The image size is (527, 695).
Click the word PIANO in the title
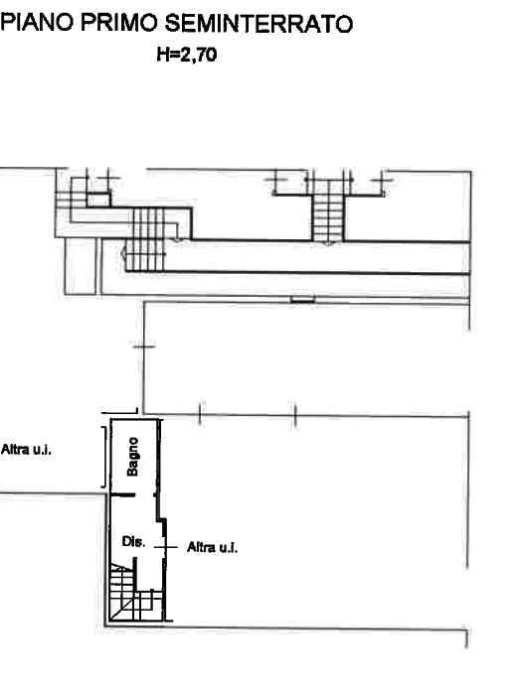(x=37, y=22)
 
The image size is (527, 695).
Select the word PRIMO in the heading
(x=119, y=22)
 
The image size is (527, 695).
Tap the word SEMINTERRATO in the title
(x=259, y=24)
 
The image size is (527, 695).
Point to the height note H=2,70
(x=187, y=55)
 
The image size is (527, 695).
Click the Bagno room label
(x=132, y=457)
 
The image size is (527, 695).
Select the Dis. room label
(x=133, y=541)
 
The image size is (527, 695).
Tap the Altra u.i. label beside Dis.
(x=212, y=547)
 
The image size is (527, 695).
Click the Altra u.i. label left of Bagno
(x=26, y=450)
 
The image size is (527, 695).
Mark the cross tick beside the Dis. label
(x=166, y=547)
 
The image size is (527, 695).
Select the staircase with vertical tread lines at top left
(x=145, y=239)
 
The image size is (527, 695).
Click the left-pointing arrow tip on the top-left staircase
(x=122, y=253)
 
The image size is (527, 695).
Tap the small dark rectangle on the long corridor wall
(x=302, y=300)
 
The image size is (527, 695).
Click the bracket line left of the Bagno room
(x=104, y=457)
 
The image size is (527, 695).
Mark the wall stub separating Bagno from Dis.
(x=122, y=494)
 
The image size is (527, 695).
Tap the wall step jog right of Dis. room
(x=162, y=519)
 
